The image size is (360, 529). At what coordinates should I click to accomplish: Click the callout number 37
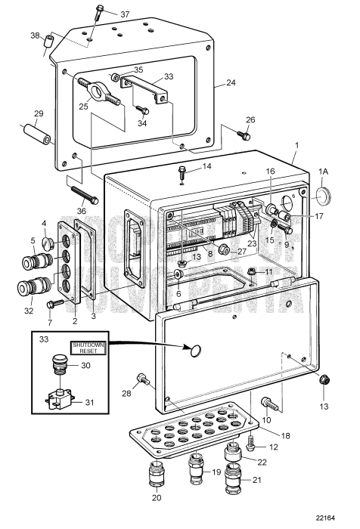[125, 14]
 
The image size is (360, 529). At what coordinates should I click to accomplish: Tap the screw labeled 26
[244, 136]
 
